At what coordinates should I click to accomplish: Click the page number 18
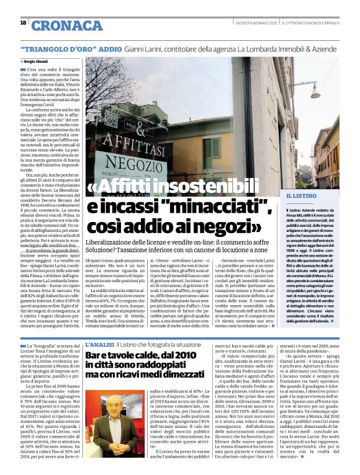[x=23, y=23]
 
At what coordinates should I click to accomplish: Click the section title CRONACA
[x=66, y=25]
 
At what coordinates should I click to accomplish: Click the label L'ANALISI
[x=99, y=344]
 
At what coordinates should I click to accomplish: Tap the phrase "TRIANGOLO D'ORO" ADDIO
[x=71, y=48]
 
